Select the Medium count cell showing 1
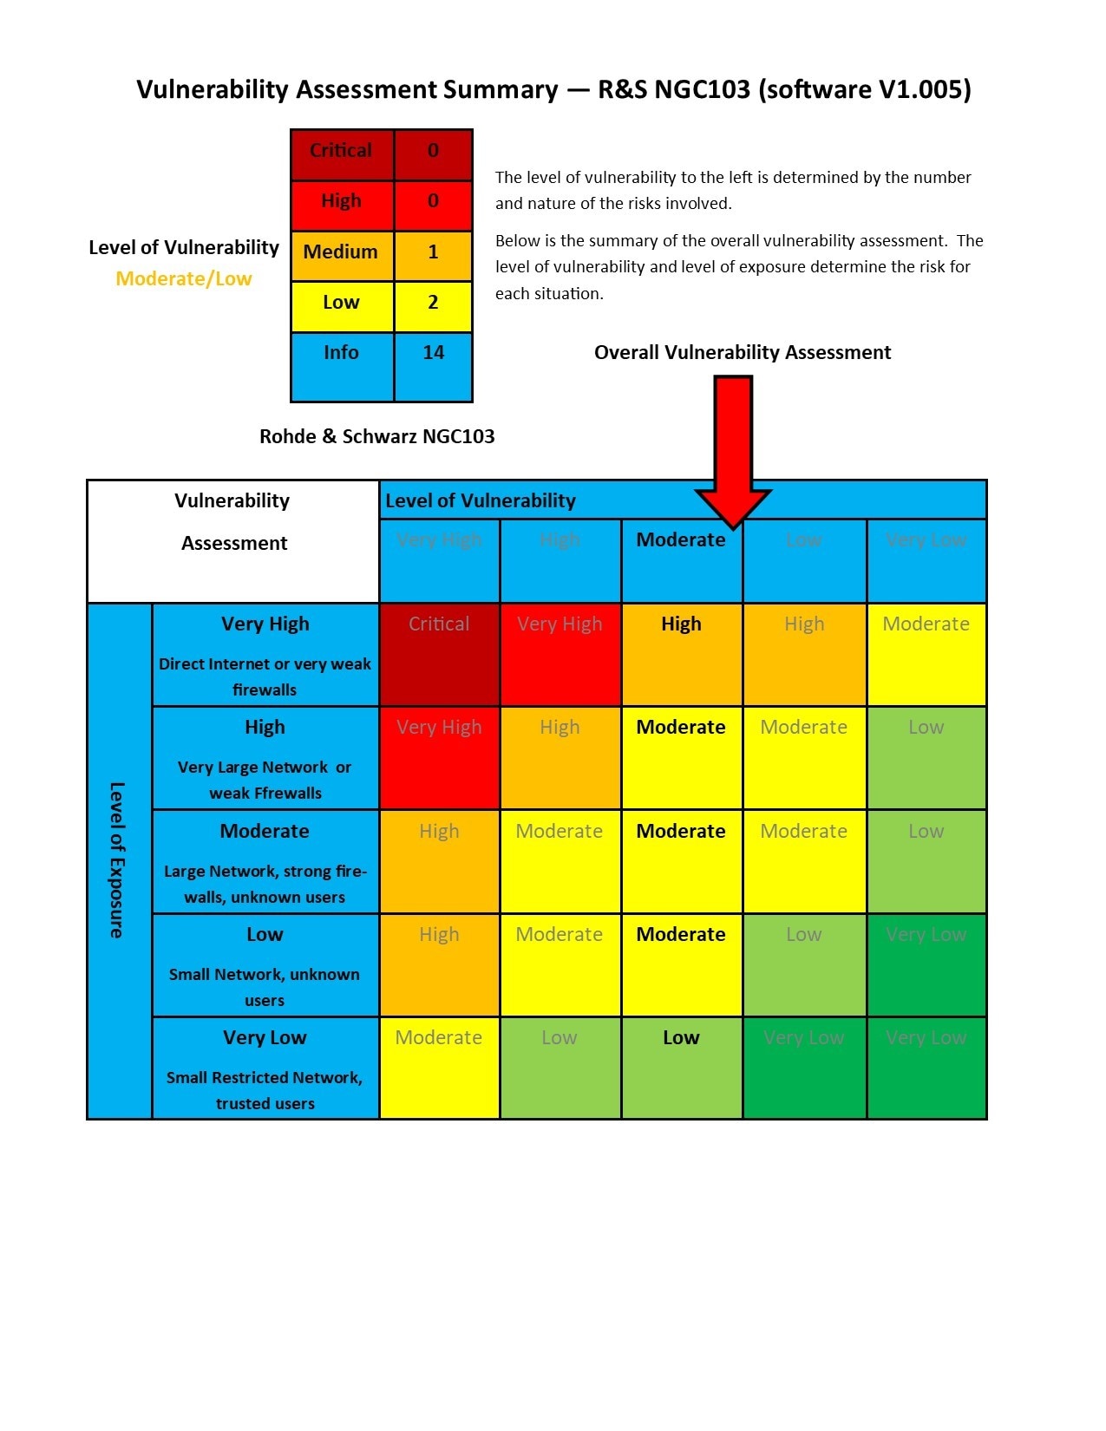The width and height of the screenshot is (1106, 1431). (x=433, y=252)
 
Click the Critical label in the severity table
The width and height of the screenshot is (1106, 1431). (x=341, y=151)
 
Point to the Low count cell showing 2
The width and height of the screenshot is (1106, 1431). (x=433, y=303)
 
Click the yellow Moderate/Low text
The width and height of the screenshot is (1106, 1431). (x=184, y=279)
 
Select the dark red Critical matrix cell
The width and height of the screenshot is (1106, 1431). (x=439, y=654)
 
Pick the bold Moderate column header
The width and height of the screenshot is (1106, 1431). (x=681, y=540)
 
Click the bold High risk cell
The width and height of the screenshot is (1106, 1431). (x=681, y=624)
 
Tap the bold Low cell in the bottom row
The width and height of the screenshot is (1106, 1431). (x=681, y=1038)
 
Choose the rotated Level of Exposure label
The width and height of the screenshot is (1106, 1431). (x=117, y=859)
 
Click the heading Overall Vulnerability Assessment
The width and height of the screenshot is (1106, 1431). (x=743, y=353)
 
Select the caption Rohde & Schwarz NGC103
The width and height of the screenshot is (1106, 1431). (x=377, y=437)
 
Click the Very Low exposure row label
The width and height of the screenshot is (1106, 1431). (x=265, y=1038)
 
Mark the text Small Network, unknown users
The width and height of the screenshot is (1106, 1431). (x=265, y=988)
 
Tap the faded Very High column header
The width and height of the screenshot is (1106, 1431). (x=439, y=540)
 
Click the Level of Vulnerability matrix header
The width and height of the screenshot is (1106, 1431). (x=481, y=501)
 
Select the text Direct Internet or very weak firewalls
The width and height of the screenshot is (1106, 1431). (x=265, y=677)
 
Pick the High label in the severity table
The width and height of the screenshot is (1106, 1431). (x=341, y=201)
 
